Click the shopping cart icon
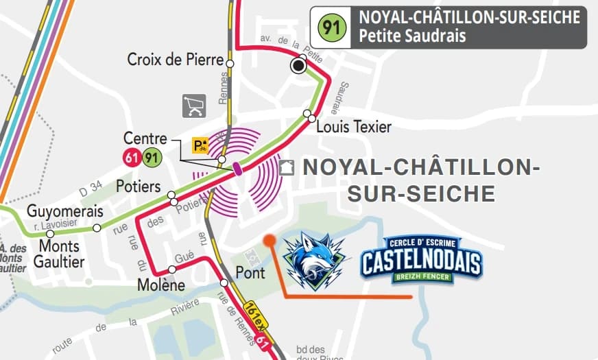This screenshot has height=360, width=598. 194,106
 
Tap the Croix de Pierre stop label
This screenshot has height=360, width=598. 176,60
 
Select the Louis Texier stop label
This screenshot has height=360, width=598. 354,127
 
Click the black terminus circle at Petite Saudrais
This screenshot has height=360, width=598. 298,66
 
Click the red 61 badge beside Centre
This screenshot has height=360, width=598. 132,158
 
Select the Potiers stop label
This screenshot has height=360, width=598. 139,187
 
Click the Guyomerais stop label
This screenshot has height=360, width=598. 65,211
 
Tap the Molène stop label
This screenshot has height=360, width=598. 161,285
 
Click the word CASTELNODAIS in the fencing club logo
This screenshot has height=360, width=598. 422,262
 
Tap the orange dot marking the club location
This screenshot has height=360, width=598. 270,240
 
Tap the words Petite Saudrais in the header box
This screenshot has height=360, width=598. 408,36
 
